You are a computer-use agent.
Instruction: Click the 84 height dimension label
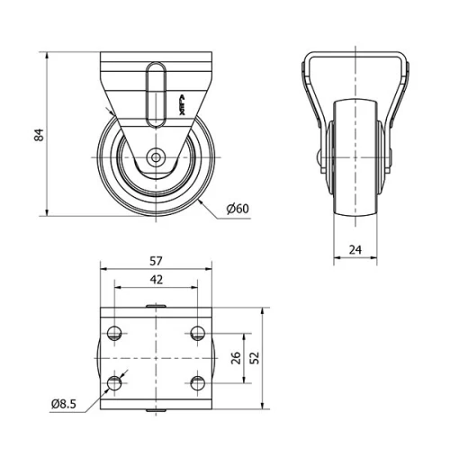[x=37, y=136]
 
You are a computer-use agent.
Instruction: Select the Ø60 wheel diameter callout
[x=237, y=209]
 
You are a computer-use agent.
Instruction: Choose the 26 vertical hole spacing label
[x=236, y=358]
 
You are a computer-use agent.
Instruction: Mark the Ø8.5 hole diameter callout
[x=65, y=404]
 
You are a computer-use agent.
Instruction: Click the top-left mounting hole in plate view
[x=114, y=334]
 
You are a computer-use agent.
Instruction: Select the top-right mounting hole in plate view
[x=196, y=334]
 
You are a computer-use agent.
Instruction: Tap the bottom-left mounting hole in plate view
[x=114, y=384]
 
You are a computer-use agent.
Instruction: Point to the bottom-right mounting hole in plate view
[x=196, y=384]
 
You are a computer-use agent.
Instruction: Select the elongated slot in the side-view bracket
[x=156, y=94]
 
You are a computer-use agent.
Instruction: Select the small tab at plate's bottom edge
[x=156, y=410]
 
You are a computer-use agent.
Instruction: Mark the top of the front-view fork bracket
[x=356, y=57]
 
